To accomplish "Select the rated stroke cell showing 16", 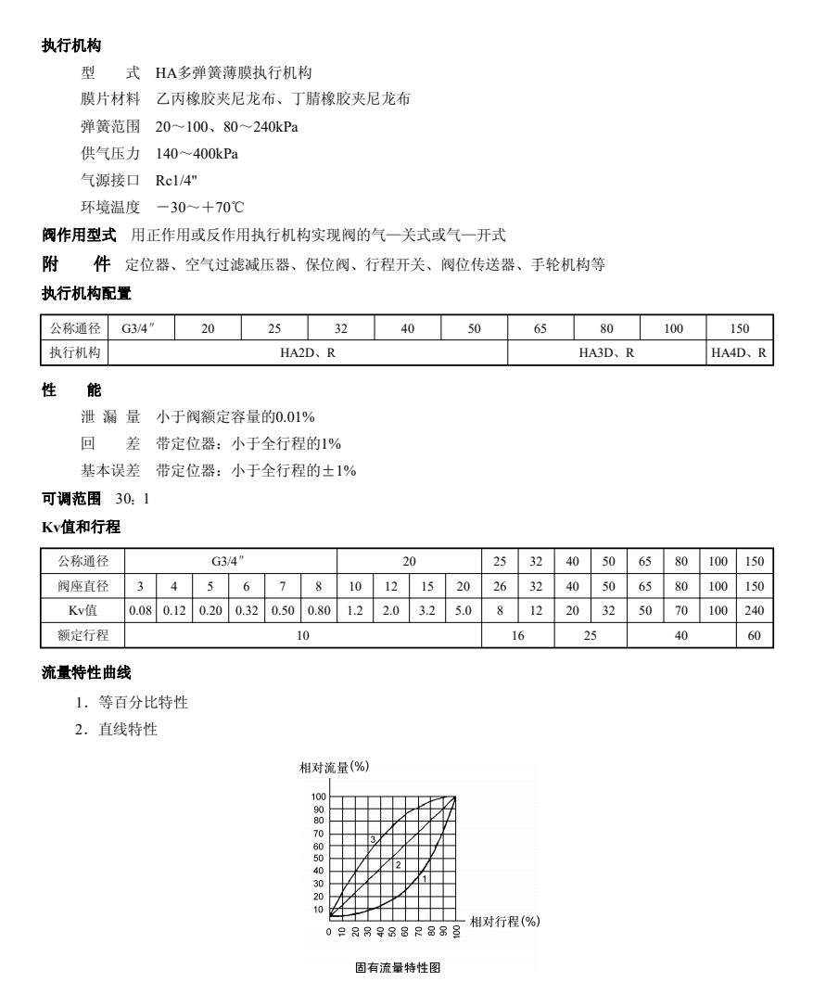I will tap(517, 635).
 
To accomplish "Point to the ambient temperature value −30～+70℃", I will tap(198, 206).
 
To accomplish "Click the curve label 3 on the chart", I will tap(374, 839).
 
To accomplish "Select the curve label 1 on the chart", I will tap(424, 877).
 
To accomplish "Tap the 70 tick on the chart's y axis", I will tap(319, 834).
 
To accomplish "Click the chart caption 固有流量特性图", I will tap(396, 967).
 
